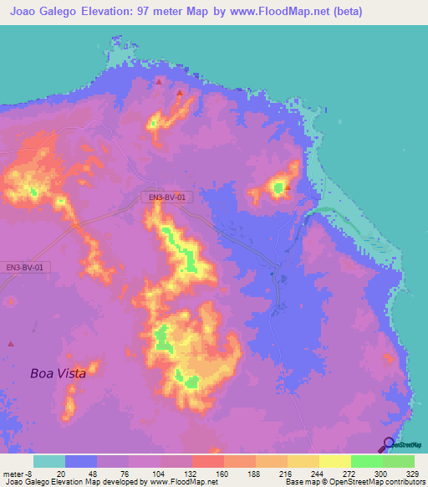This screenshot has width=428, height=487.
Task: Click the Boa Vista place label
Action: (58, 373)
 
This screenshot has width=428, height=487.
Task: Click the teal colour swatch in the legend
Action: (48, 461)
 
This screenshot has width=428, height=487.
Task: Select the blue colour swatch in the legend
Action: (81, 461)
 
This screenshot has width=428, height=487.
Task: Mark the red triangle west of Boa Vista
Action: (10, 343)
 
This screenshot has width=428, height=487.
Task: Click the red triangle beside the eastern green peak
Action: (287, 187)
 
